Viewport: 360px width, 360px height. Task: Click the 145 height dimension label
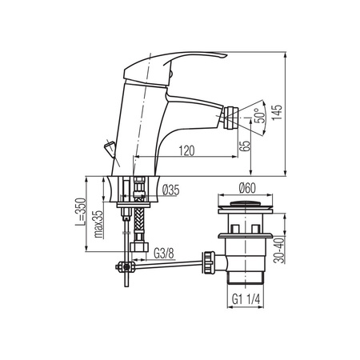tap(278, 112)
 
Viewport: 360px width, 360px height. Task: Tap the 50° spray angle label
tap(260, 115)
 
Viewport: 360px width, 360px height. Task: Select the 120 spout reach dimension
tap(186, 150)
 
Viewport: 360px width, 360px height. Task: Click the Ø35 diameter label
tap(171, 190)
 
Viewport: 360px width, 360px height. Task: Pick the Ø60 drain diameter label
tap(247, 188)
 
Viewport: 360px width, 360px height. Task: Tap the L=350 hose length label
tap(81, 212)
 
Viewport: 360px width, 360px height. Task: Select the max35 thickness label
tap(98, 224)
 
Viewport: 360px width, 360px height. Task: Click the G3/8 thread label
tap(164, 253)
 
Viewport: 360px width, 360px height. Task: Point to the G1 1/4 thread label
tap(246, 299)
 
